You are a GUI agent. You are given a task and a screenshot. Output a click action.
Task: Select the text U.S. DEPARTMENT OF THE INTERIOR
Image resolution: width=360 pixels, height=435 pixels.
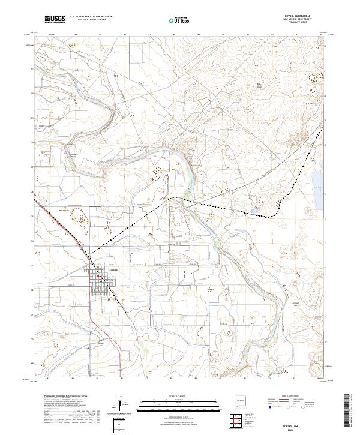(x=91, y=17)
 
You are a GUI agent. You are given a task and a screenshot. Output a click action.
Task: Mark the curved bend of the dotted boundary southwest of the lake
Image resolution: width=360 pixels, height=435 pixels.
(x=275, y=214)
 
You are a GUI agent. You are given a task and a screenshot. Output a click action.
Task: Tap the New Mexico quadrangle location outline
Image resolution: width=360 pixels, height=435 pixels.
(x=242, y=398)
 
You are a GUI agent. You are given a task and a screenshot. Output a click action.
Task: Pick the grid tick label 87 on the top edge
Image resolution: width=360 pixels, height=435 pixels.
(x=148, y=35)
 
